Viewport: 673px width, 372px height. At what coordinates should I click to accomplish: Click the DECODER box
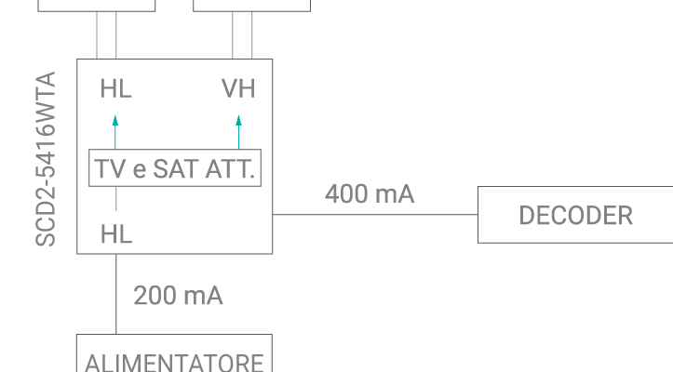click(575, 215)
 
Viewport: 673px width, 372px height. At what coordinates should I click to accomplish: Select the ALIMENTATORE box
click(174, 357)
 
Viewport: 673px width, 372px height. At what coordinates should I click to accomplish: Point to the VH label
click(238, 89)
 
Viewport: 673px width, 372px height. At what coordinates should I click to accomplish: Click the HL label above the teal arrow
click(115, 89)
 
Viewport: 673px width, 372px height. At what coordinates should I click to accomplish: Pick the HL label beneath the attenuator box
click(116, 235)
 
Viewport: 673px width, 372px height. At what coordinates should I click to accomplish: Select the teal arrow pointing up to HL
click(115, 131)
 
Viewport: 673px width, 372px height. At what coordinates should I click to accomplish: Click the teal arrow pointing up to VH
click(238, 131)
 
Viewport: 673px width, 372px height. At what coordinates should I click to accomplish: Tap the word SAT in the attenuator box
click(175, 170)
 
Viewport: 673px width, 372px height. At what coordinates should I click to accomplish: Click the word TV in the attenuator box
click(109, 170)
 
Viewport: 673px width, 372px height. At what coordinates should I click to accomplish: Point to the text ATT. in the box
click(233, 170)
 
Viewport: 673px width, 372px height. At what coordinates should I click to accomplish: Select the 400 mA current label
click(370, 194)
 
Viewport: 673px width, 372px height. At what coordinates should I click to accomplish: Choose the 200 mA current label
click(178, 297)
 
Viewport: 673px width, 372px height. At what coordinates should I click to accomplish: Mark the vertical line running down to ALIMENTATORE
click(116, 294)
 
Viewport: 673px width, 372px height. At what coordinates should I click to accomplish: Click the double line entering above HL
click(106, 35)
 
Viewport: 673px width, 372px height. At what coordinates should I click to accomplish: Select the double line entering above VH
click(243, 35)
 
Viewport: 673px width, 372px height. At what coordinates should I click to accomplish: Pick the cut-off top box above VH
click(251, 6)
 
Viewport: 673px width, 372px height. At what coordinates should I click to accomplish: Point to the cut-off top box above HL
click(97, 6)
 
